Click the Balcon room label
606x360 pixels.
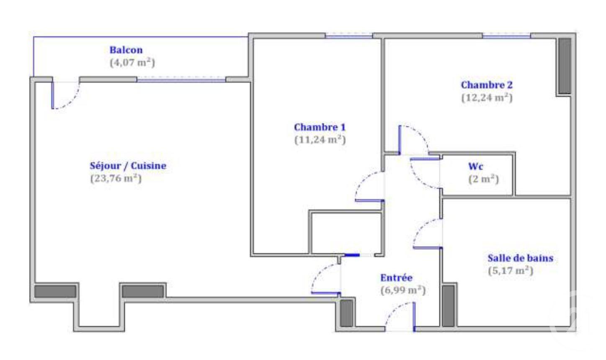pos(126,50)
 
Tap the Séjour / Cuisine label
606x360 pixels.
pos(128,166)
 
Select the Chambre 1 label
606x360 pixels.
pos(320,127)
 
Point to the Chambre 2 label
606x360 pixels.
pos(487,85)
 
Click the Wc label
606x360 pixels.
pos(476,166)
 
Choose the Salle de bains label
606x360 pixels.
pos(521,258)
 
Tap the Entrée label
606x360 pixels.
pos(396,278)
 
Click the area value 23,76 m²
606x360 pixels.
pos(116,178)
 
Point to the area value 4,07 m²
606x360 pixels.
pos(132,63)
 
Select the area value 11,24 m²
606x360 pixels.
pos(320,140)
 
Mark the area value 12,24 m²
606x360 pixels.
pos(487,98)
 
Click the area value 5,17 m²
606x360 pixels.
pos(511,271)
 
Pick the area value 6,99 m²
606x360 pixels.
pos(403,291)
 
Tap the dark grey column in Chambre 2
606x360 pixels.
pos(565,66)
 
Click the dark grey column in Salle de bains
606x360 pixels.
pos(448,306)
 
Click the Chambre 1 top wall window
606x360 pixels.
pos(349,36)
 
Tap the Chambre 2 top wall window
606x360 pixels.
pos(506,36)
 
